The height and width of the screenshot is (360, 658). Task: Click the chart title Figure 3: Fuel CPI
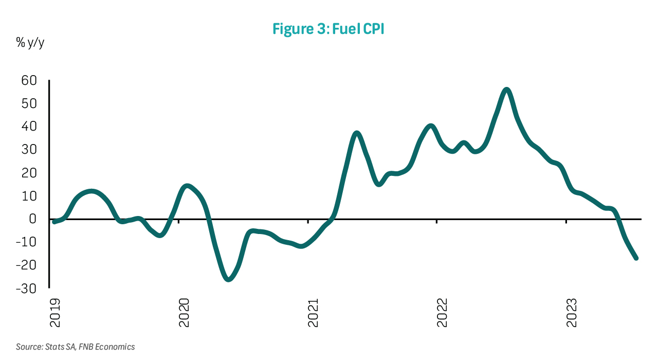click(x=328, y=29)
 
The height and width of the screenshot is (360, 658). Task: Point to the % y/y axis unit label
click(x=30, y=43)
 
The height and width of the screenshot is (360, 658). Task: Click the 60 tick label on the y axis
click(x=29, y=81)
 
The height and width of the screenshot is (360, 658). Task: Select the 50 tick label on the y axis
click(x=29, y=103)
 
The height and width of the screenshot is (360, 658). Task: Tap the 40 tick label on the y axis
click(x=29, y=127)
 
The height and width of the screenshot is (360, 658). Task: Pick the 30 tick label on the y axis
click(x=29, y=150)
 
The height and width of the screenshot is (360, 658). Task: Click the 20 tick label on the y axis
click(x=29, y=173)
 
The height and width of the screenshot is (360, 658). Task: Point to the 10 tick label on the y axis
click(x=29, y=196)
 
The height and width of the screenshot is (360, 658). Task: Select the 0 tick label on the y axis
click(x=33, y=219)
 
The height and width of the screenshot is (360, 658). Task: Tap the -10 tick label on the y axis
click(x=27, y=242)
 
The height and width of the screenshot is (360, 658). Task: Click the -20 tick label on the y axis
click(x=27, y=265)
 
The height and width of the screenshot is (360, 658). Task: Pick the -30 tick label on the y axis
click(x=27, y=289)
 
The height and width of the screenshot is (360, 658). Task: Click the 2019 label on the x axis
click(x=54, y=312)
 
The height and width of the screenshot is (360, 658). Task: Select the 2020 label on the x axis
click(x=184, y=312)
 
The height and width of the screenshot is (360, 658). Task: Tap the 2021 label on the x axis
click(x=313, y=312)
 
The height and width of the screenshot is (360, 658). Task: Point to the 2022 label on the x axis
click(x=442, y=312)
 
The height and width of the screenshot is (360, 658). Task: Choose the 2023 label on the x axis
click(x=571, y=312)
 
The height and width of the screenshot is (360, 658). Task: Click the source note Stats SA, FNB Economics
click(x=75, y=347)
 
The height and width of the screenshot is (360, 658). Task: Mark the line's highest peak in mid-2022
click(x=507, y=90)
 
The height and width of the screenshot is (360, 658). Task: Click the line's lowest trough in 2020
click(x=229, y=279)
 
